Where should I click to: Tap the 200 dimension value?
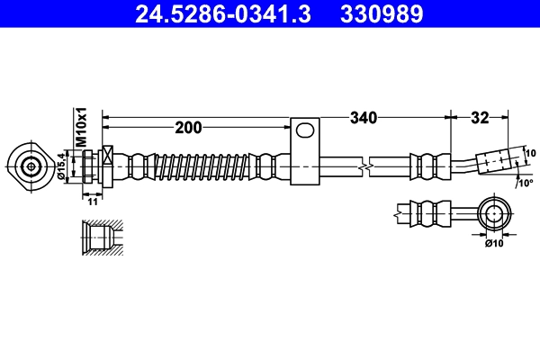click(188, 128)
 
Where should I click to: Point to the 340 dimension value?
click(363, 117)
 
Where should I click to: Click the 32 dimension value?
click(479, 117)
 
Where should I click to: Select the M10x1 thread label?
click(80, 127)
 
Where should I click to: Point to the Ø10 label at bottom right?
click(493, 243)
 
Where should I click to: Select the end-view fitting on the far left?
click(31, 166)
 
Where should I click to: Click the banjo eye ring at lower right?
click(493, 214)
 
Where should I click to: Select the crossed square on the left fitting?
click(109, 156)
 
